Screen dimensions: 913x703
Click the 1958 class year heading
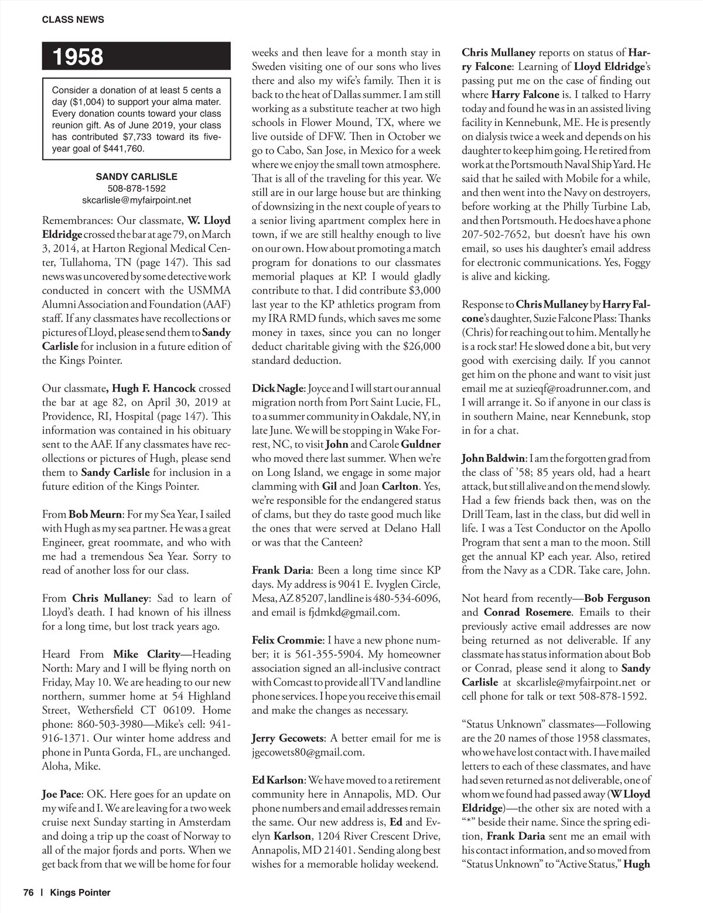point(78,57)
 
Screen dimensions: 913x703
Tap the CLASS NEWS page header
point(73,19)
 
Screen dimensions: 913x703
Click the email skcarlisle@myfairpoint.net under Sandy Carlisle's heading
point(136,200)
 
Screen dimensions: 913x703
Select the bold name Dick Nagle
point(278,388)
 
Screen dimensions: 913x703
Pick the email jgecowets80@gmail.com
point(308,752)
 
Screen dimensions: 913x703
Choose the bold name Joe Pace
point(62,795)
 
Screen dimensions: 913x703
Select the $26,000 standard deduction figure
point(421,346)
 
